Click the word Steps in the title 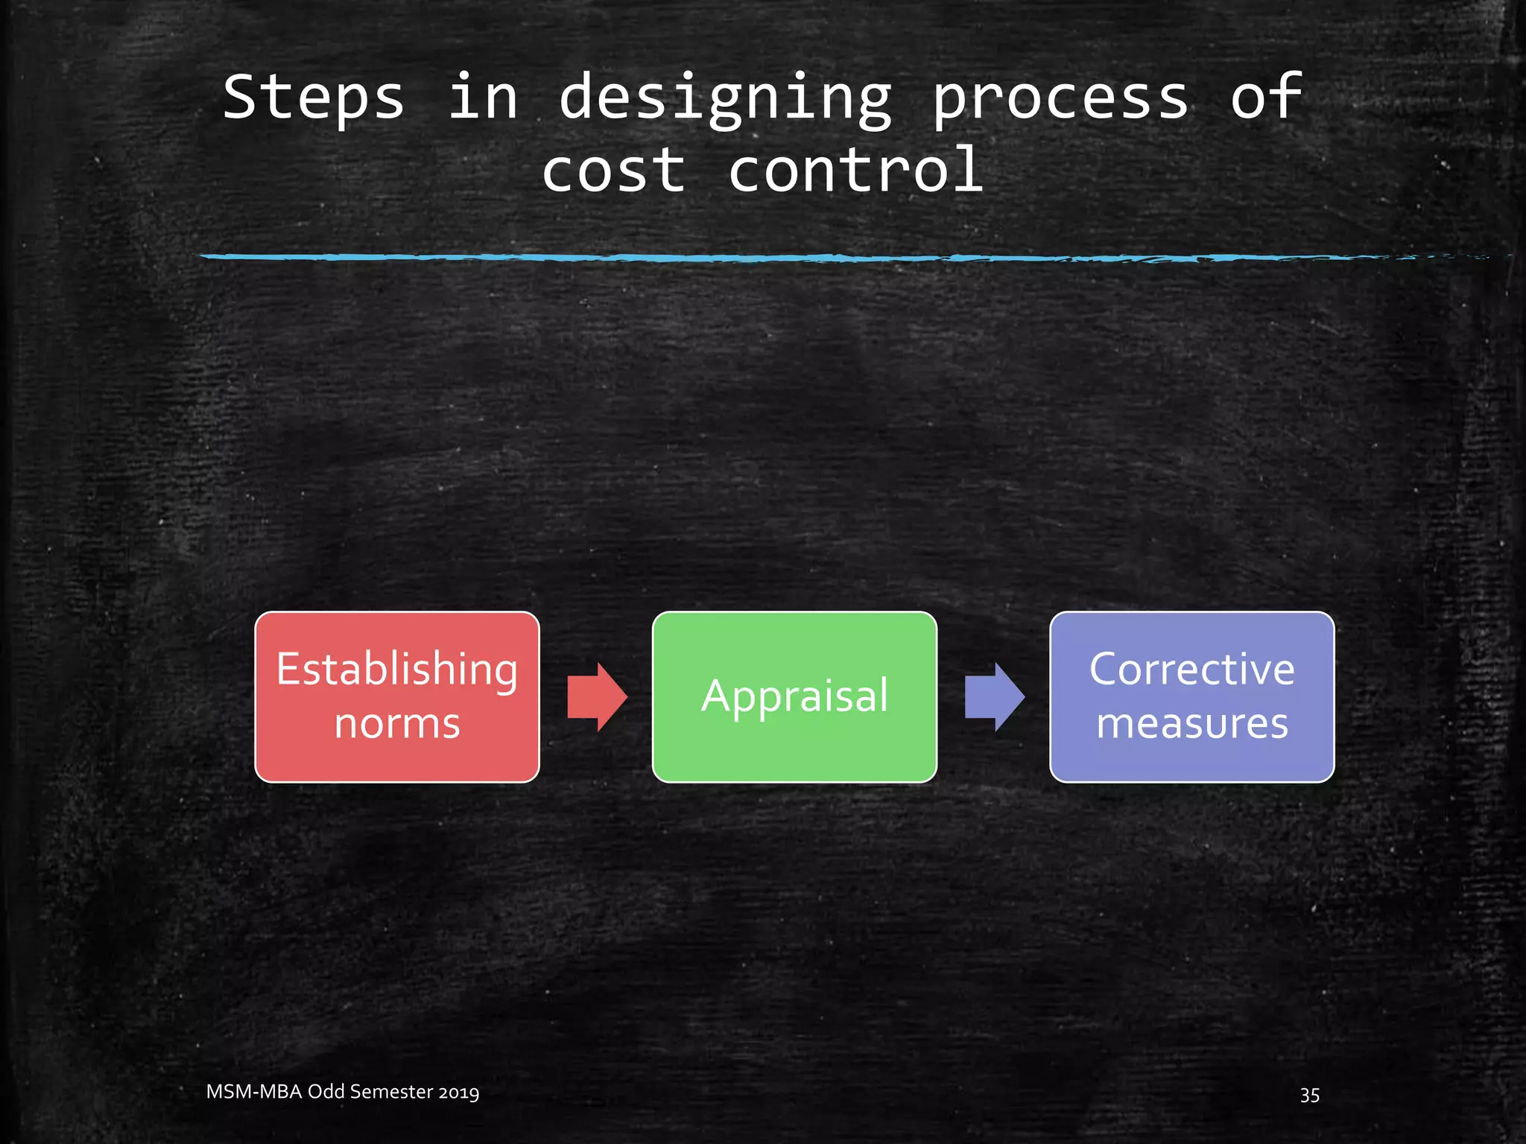[313, 98]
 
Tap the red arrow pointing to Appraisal [597, 697]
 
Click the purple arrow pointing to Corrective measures [994, 697]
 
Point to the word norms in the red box [397, 724]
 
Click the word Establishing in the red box [397, 670]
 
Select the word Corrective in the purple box [1191, 669]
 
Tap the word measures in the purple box [1191, 724]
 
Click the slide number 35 [1309, 1095]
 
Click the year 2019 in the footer [458, 1093]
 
